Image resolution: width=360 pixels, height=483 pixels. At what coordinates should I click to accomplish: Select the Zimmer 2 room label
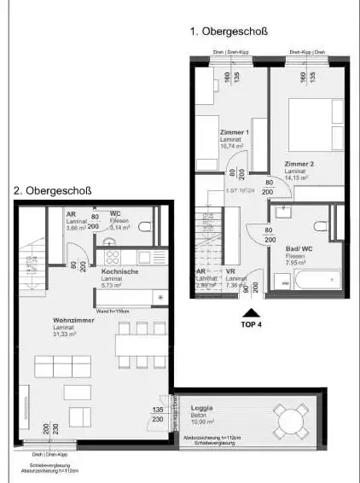coord(299,164)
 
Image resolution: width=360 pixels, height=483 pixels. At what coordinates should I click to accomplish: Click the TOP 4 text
coord(249,323)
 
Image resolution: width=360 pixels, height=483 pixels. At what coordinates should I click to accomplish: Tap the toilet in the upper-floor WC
coord(144,227)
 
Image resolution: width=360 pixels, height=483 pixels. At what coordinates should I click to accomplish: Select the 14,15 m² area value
coord(298,178)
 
